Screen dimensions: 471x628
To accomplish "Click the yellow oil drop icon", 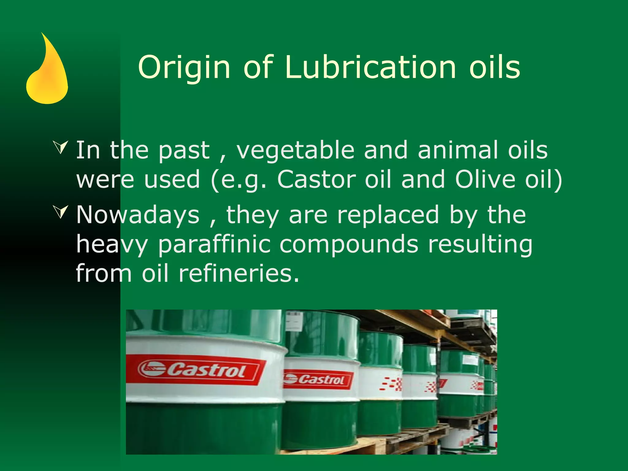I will [x=47, y=74].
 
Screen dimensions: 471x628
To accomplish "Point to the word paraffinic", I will [x=214, y=245].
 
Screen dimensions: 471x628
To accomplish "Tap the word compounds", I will [x=349, y=245].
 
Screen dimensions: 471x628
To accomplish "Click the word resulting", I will [x=480, y=245].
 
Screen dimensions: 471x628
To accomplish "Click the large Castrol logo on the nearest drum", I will [x=196, y=370].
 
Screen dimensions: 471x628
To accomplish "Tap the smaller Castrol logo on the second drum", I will [x=317, y=380].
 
